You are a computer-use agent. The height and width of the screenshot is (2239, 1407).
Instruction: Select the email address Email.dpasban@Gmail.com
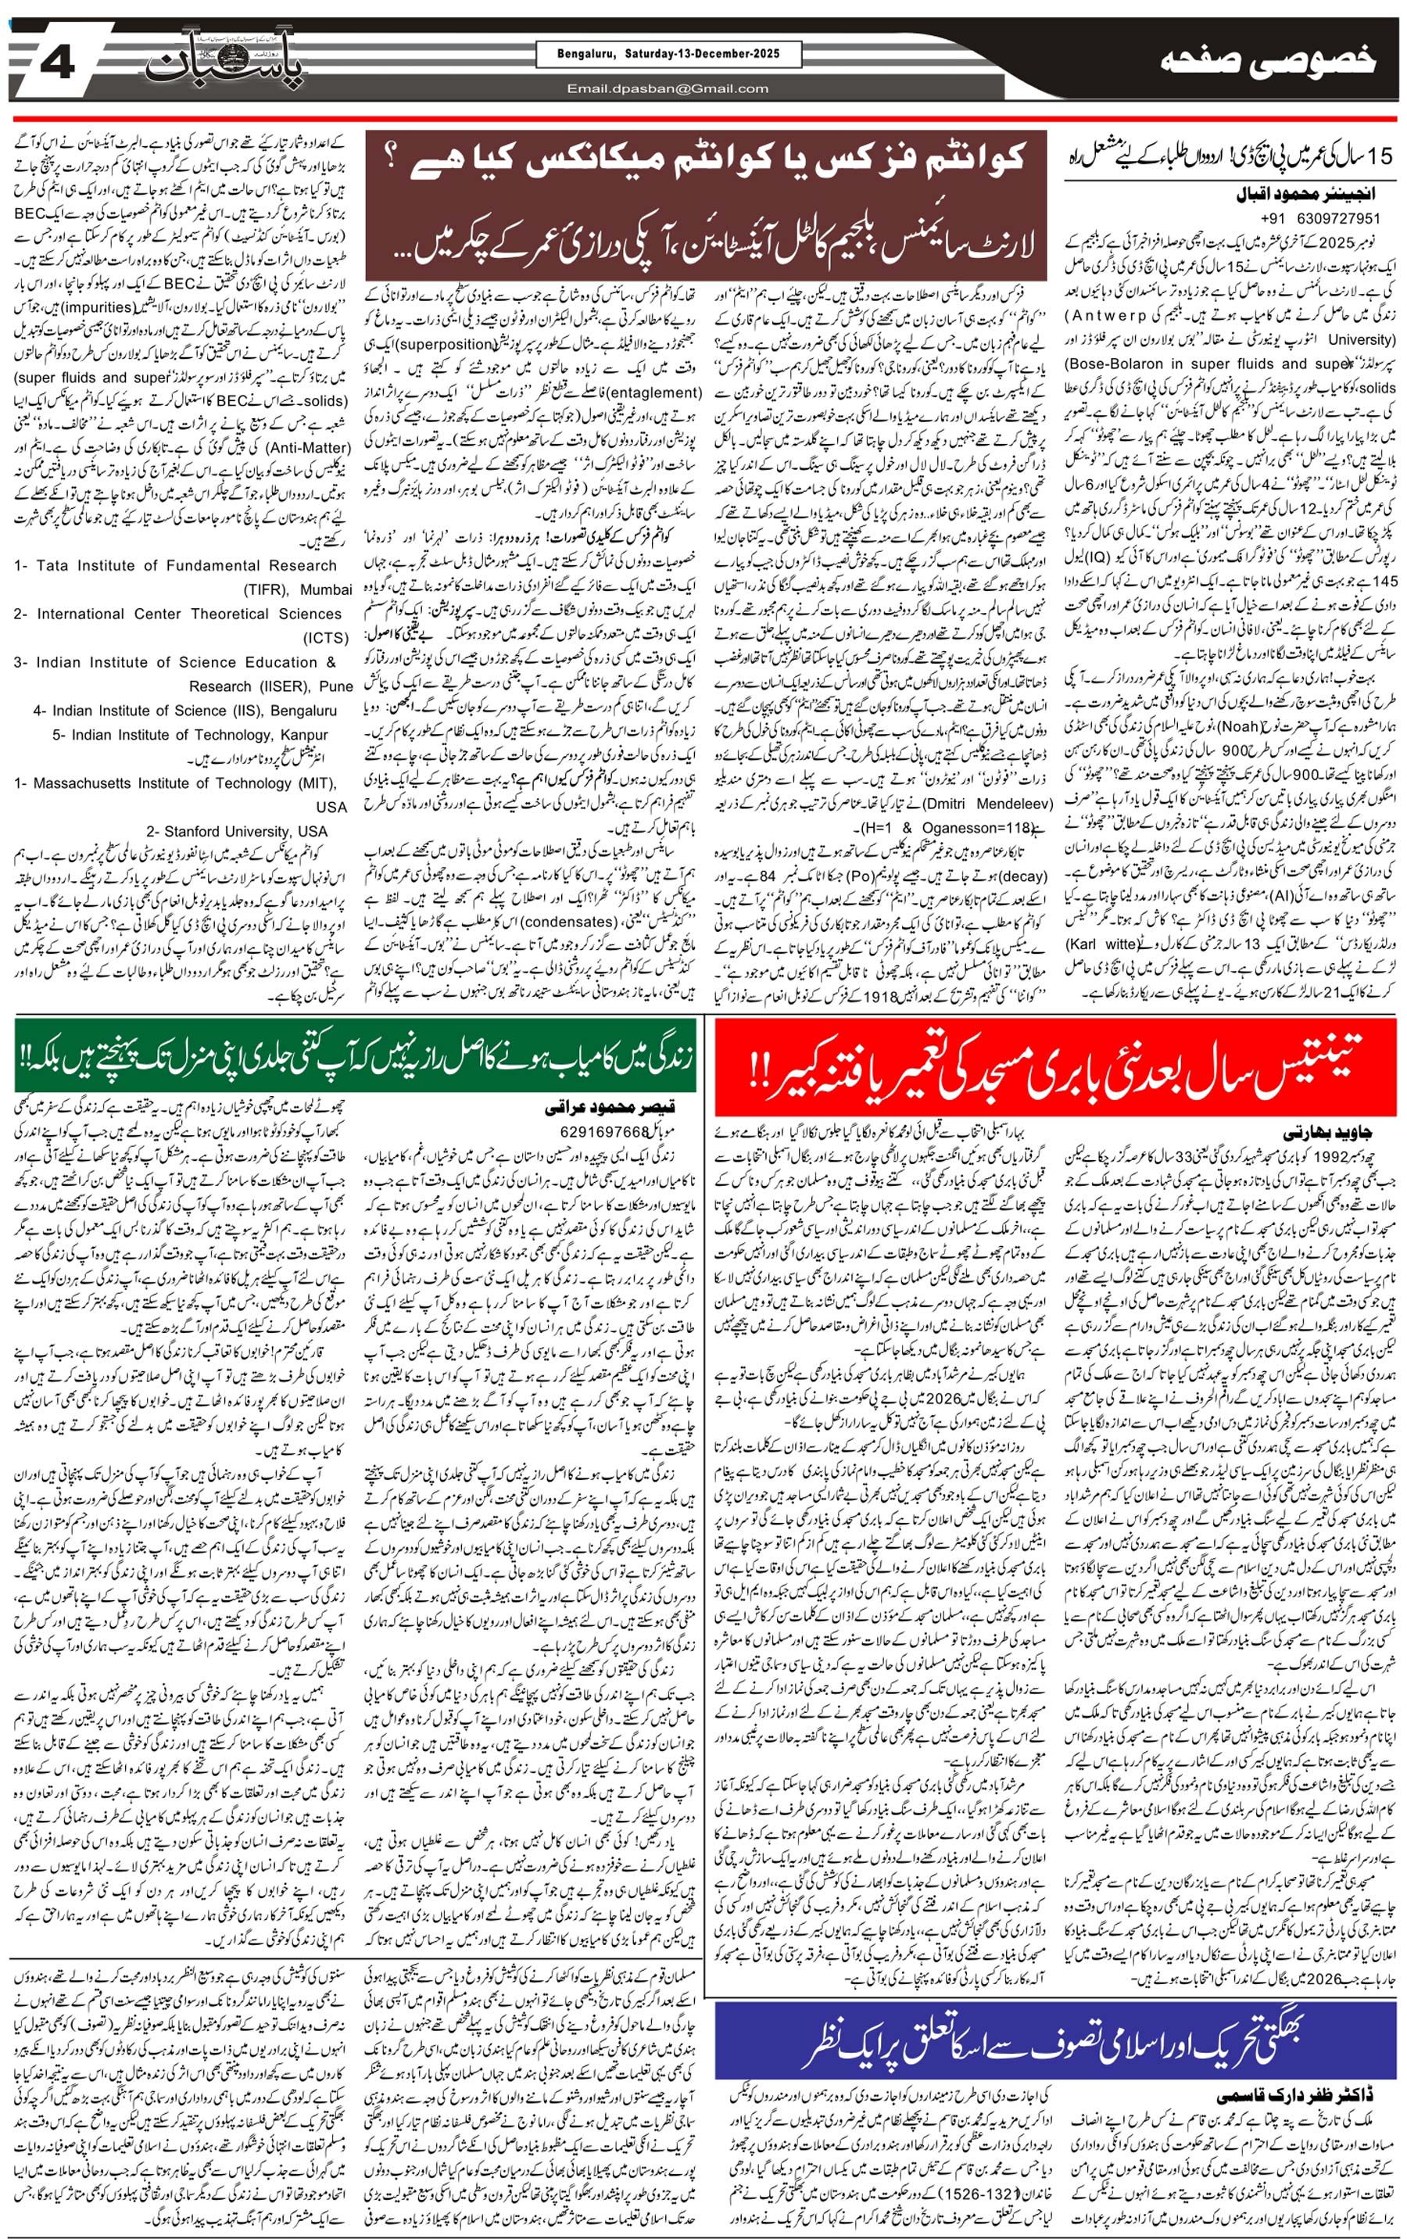click(668, 89)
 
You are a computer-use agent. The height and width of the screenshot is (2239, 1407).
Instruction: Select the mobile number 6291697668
click(604, 1131)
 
